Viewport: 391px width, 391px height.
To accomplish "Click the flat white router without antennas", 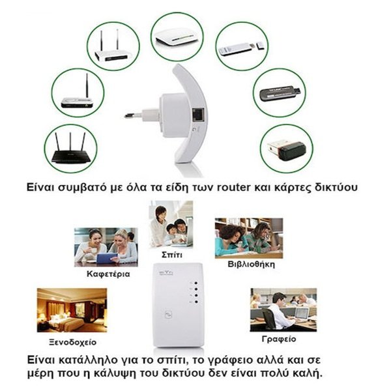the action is [177, 37].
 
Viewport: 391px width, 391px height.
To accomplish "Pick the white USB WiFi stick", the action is [241, 48].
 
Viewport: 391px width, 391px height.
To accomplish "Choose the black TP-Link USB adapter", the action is [280, 94].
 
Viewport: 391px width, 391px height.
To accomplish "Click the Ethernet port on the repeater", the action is [198, 115].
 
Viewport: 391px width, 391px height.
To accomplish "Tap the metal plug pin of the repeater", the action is [133, 115].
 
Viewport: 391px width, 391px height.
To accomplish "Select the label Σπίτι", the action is [172, 255].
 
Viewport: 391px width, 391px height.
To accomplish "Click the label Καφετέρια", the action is [108, 274].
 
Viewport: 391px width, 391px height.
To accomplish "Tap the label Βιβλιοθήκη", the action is [251, 264].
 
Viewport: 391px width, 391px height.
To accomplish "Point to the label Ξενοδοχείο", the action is [72, 342].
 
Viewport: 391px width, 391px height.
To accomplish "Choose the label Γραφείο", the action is [279, 339].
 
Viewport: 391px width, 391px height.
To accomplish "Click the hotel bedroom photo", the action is [72, 310].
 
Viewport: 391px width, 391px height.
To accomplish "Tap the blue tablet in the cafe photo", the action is [106, 258].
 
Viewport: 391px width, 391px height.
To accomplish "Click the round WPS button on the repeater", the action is [169, 315].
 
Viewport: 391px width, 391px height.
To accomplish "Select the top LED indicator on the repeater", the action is [196, 283].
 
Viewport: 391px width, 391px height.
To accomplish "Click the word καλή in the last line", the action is [308, 373].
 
